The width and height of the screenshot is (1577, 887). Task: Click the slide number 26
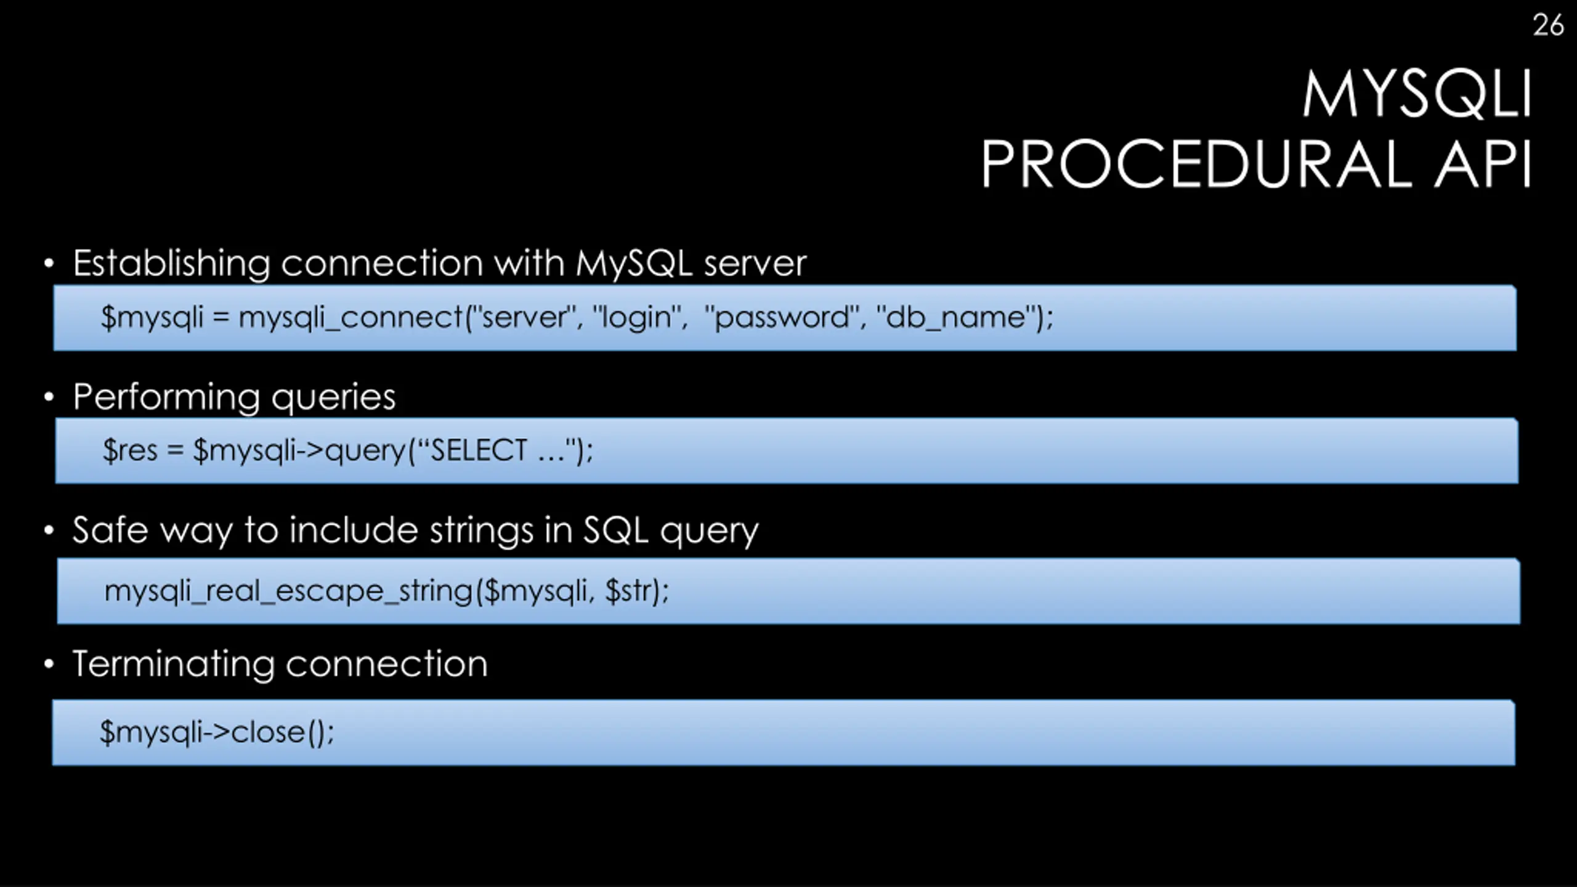click(x=1548, y=25)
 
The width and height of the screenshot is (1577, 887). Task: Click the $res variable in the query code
click(x=131, y=450)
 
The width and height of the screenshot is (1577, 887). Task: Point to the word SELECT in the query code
click(x=479, y=450)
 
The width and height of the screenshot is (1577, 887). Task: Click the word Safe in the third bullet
click(x=110, y=530)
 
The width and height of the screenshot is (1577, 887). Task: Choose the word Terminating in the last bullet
click(x=173, y=665)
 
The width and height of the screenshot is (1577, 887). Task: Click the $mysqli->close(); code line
click(x=217, y=732)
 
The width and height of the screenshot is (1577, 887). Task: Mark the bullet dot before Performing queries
click(x=49, y=397)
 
